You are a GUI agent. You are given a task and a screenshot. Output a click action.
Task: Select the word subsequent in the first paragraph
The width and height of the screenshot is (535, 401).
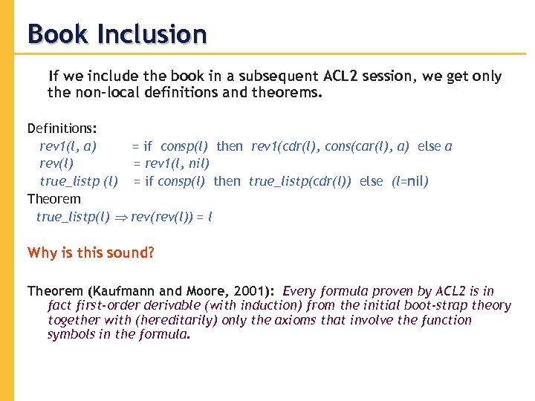pyautogui.click(x=281, y=76)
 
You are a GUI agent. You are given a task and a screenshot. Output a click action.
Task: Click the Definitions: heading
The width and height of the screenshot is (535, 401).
pyautogui.click(x=63, y=128)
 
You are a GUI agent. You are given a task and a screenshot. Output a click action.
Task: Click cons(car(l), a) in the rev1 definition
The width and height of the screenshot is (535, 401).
pyautogui.click(x=370, y=146)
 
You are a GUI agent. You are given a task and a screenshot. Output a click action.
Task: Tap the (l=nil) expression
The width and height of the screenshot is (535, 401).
pyautogui.click(x=410, y=181)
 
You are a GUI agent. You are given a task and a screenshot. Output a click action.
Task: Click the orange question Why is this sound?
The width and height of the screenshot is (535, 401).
pyautogui.click(x=91, y=252)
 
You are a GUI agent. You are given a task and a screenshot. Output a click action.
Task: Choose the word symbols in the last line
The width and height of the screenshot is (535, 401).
pyautogui.click(x=71, y=334)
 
